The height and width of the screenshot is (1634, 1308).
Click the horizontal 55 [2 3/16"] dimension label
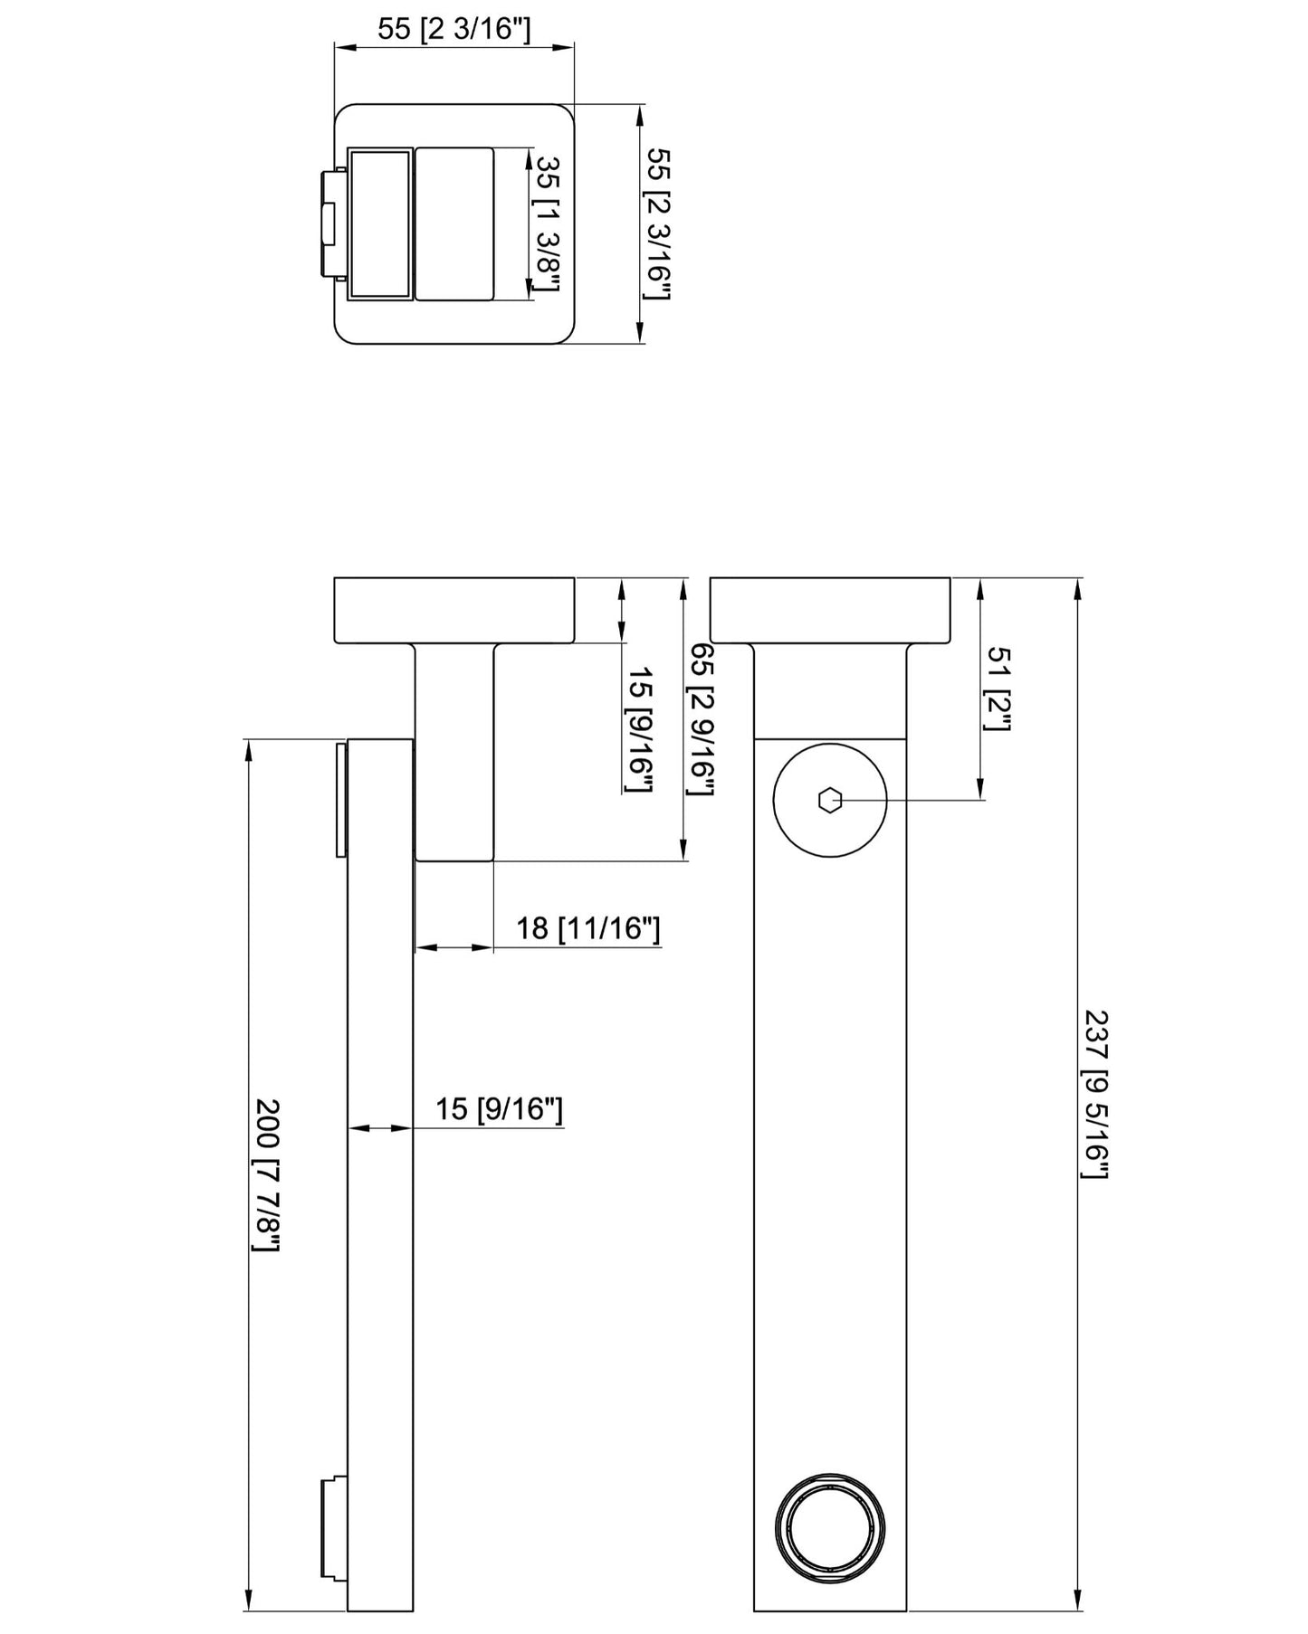coord(454,29)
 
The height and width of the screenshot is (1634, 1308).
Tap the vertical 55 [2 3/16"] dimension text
coord(658,224)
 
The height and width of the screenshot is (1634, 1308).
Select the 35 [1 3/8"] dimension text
coord(547,223)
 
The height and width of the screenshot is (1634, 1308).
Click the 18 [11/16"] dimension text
coord(588,928)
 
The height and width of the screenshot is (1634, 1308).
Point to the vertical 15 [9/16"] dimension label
coord(640,731)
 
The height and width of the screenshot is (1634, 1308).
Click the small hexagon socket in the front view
coord(829,800)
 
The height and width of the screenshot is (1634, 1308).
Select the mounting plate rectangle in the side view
coord(454,611)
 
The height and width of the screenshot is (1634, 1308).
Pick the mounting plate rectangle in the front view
coord(830,611)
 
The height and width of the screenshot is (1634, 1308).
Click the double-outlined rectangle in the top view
coord(380,223)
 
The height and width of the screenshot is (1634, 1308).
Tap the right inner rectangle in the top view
coord(454,223)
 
